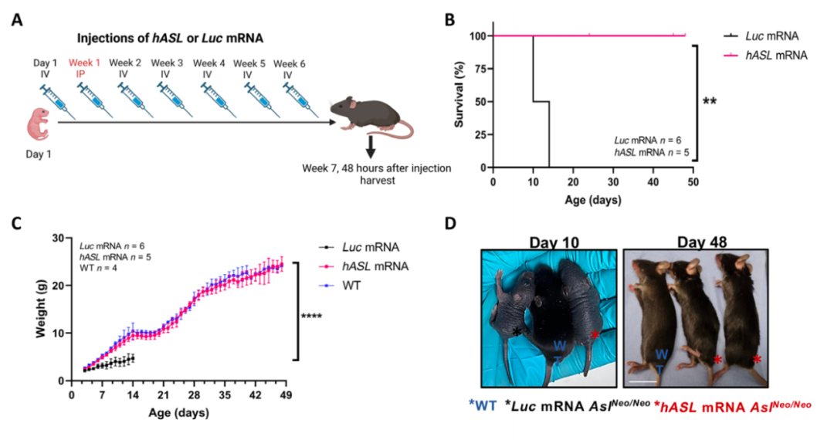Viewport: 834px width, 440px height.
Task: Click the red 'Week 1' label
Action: click(84, 63)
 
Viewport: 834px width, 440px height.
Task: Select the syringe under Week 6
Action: click(300, 100)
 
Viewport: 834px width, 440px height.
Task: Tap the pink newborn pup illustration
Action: click(39, 124)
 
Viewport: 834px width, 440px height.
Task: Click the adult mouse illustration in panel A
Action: click(371, 117)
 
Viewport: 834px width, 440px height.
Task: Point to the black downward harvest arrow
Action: click(371, 147)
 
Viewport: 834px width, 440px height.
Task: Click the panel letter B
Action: click(450, 20)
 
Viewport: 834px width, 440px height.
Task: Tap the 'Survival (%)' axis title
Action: click(459, 95)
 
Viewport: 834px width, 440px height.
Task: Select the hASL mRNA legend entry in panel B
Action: click(765, 55)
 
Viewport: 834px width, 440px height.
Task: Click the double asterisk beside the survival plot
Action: click(710, 101)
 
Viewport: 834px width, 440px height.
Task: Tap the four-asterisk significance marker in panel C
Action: click(311, 316)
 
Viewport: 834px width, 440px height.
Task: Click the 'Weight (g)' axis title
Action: click(41, 309)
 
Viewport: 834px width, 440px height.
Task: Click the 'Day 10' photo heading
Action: click(554, 242)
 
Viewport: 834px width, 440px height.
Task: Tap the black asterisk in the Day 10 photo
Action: click(517, 333)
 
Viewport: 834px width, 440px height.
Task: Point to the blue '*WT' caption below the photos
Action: click(483, 405)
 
